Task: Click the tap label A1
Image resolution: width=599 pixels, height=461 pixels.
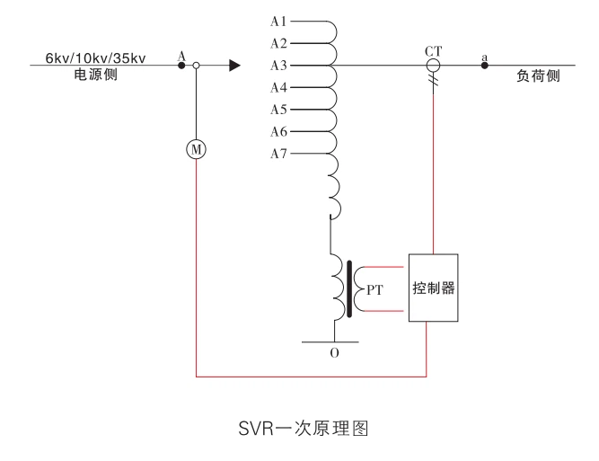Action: click(278, 21)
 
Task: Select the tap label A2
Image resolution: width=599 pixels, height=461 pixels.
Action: click(278, 43)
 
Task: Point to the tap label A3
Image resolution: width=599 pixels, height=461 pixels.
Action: click(278, 66)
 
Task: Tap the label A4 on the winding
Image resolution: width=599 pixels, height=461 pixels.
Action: click(278, 88)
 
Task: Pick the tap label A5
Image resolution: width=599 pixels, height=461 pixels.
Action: click(278, 110)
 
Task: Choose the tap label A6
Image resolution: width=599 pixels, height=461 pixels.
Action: click(278, 132)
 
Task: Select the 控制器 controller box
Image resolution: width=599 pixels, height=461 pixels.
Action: click(434, 288)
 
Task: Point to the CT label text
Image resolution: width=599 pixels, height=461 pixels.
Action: click(433, 50)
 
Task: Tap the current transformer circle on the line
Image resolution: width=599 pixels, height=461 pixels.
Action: click(433, 66)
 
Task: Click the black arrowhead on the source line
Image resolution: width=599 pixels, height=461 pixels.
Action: click(234, 66)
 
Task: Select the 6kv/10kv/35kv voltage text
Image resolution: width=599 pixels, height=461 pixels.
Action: click(96, 59)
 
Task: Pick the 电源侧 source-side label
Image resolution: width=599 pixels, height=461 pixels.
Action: click(95, 75)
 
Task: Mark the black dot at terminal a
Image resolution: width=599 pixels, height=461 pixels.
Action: click(485, 66)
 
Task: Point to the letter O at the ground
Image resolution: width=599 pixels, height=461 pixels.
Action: click(334, 354)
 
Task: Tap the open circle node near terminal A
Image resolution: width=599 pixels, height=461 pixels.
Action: click(196, 66)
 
